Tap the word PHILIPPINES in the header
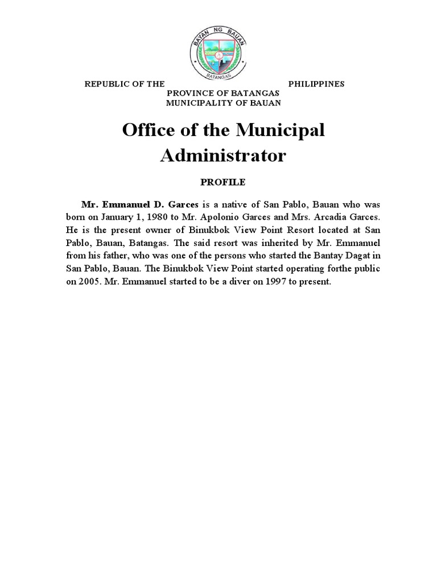pos(316,84)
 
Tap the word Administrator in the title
pos(223,155)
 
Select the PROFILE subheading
pos(222,182)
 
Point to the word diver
pos(225,282)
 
